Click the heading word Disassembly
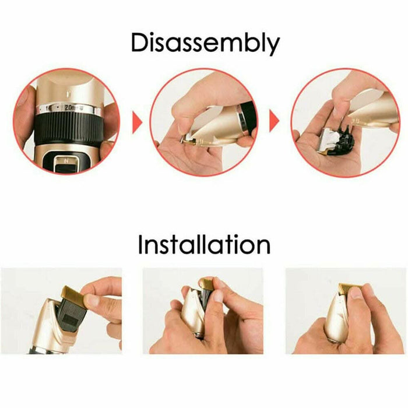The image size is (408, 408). pos(205,44)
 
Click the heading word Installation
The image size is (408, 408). pos(204,245)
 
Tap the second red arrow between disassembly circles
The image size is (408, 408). pos(274,121)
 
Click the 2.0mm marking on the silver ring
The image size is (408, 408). pos(71,107)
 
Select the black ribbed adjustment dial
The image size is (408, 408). pos(68,129)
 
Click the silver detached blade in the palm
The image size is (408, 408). pos(328,139)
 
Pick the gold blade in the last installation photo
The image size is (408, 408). pos(350,289)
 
